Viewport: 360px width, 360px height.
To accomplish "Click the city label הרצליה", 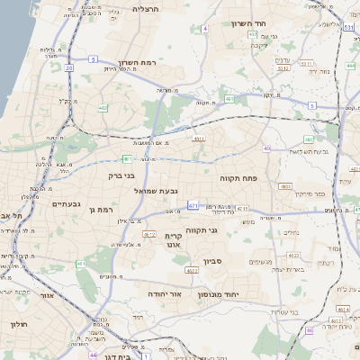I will point(146,8).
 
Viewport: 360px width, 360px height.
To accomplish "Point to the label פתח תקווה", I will point(238,178).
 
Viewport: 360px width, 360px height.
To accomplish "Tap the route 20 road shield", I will point(69,67).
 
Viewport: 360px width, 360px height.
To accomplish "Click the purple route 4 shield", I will point(204,29).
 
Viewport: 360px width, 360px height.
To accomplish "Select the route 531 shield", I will point(348,28).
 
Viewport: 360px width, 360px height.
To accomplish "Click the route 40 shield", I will point(266,148).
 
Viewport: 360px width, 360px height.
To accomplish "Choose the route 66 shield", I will point(309,330).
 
